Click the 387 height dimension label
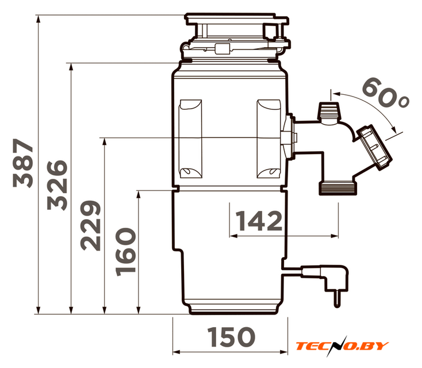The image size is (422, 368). tap(23, 163)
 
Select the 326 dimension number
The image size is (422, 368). tap(57, 185)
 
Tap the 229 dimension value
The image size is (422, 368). tap(91, 225)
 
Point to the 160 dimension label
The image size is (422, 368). tap(125, 252)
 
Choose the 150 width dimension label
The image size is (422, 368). tap(231, 337)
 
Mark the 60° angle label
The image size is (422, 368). tap(385, 93)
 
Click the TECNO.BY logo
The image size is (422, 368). tap(342, 346)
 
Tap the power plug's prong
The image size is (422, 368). tap(337, 299)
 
